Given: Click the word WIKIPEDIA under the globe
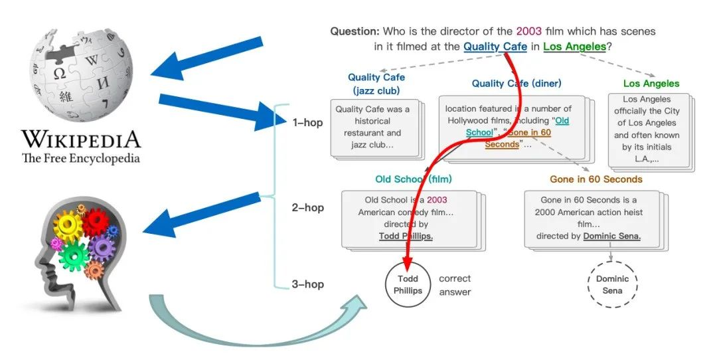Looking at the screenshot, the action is (81, 139).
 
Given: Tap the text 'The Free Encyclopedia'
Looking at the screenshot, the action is (81, 158).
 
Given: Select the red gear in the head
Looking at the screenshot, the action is (95, 223).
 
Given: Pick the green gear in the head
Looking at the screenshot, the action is (73, 255).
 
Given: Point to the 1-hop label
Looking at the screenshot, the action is (308, 123).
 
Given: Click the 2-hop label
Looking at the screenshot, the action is (308, 208).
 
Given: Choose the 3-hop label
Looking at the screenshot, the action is (308, 284).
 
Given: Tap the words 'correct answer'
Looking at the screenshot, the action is (455, 285).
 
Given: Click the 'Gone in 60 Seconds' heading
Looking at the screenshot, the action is (596, 179).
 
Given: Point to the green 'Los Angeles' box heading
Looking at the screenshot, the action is (651, 84).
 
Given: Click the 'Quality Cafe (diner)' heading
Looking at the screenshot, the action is (517, 84).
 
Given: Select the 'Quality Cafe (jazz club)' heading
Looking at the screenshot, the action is (376, 84).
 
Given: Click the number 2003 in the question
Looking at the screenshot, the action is (529, 32).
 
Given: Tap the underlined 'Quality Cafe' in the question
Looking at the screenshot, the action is (495, 46).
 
